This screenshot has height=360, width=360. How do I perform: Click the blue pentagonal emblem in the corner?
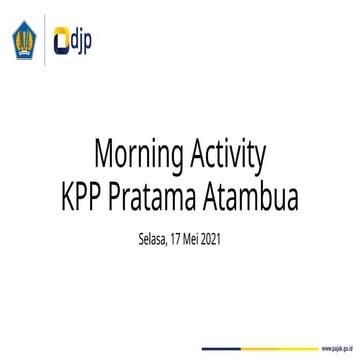point(22,42)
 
